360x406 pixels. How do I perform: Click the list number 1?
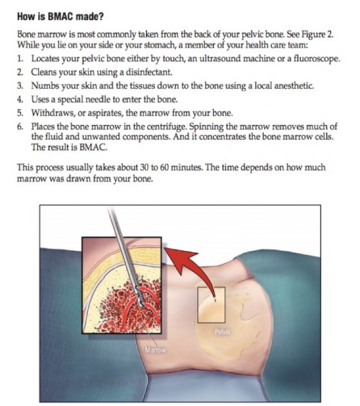point(20,58)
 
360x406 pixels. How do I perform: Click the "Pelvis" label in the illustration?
point(222,332)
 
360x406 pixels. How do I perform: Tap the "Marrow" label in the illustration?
point(155,351)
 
